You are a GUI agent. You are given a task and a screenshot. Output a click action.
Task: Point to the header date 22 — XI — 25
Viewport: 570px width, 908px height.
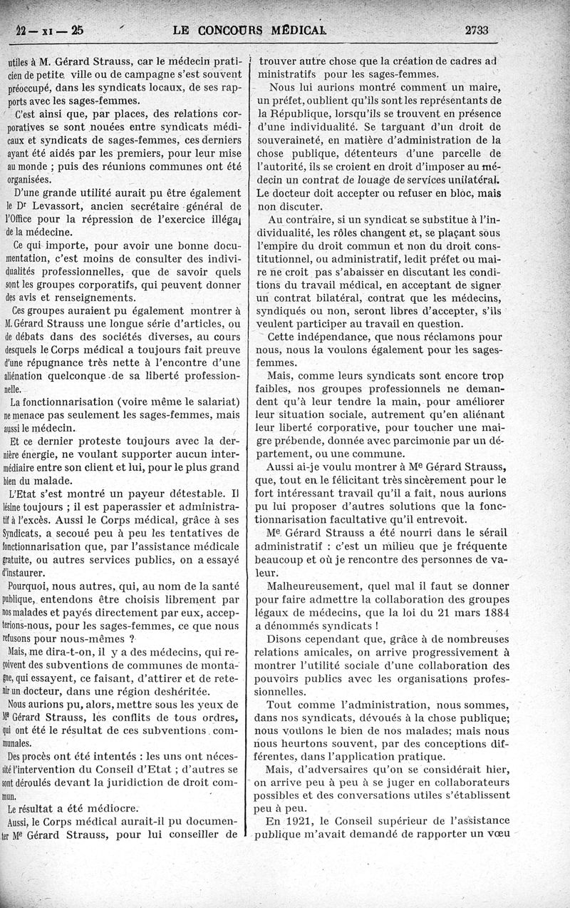(49, 30)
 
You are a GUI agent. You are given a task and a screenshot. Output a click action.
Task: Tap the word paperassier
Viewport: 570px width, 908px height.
(141, 506)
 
